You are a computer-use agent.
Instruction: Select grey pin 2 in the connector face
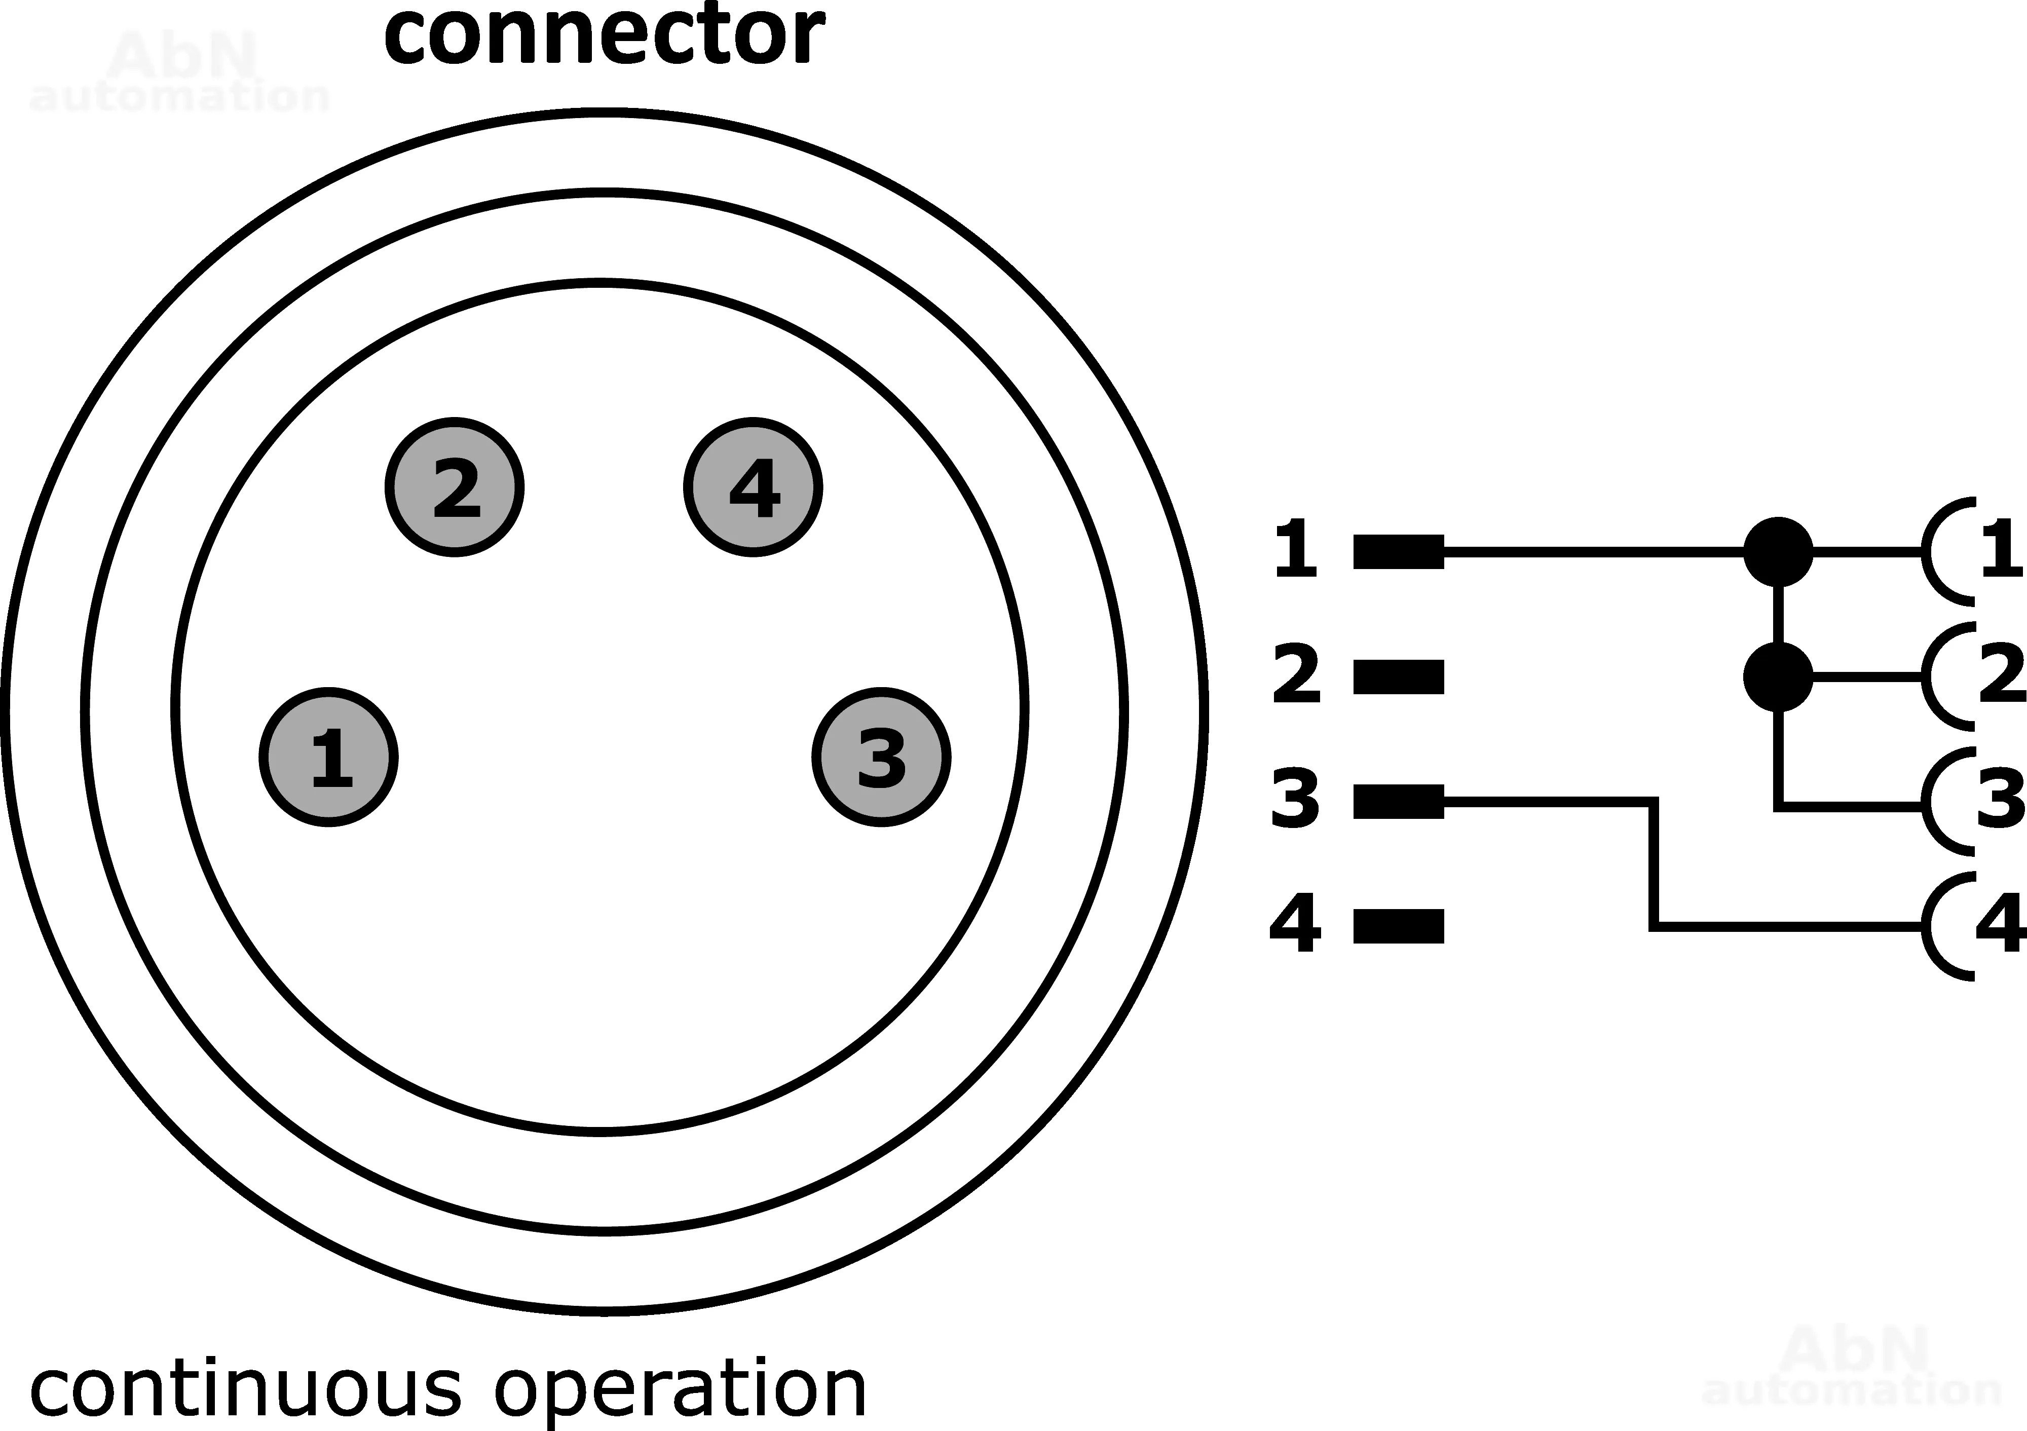coord(455,487)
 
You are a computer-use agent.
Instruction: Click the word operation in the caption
coord(680,1390)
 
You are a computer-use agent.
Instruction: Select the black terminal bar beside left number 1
coord(1399,552)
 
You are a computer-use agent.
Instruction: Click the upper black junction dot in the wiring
coord(1778,552)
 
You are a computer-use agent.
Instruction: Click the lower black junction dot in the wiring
coord(1778,677)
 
